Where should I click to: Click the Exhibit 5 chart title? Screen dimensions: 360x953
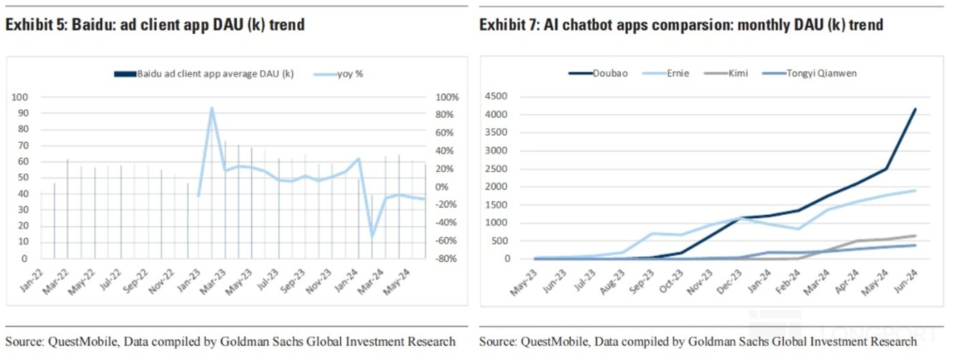coord(155,25)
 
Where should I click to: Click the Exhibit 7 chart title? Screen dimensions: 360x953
coord(681,25)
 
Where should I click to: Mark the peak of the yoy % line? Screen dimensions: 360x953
coord(212,108)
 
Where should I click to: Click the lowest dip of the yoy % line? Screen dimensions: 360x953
coord(372,237)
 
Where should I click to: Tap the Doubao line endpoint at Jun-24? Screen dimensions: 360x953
coord(915,109)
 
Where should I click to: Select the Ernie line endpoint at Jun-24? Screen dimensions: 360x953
coord(915,190)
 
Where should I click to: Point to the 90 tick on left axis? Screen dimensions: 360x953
coord(23,113)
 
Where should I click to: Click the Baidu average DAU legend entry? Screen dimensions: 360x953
coord(205,74)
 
